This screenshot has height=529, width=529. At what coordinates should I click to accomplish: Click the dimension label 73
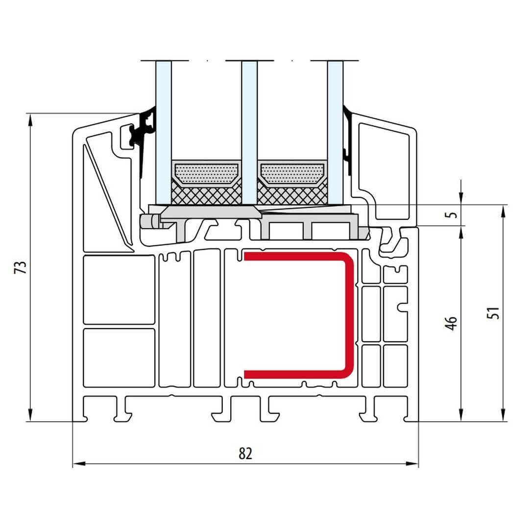click(21, 267)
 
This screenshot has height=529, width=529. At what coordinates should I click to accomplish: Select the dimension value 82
click(245, 454)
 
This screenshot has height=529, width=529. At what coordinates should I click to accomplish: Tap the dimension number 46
click(452, 322)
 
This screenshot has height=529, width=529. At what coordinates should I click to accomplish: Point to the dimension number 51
click(495, 313)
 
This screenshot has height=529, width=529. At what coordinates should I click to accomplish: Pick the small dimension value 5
click(453, 215)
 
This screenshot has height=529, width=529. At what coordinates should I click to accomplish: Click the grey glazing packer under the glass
click(211, 213)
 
